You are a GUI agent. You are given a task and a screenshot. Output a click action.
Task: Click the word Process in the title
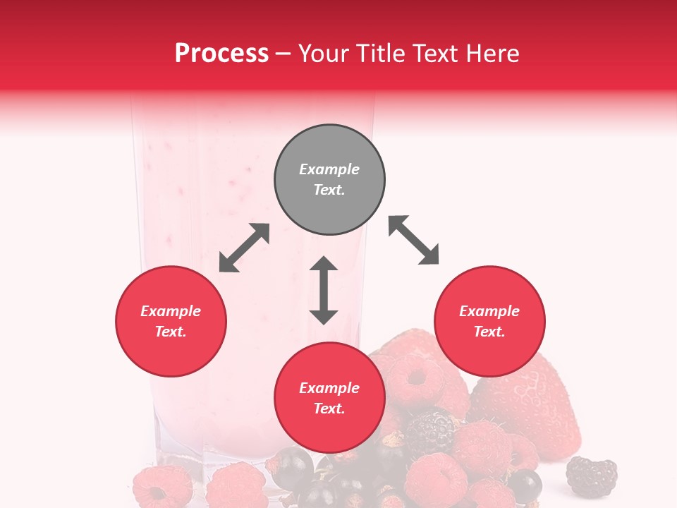[221, 54]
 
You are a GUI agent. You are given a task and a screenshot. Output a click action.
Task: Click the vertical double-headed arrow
[324, 290]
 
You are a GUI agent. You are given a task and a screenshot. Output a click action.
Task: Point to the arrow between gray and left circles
[244, 248]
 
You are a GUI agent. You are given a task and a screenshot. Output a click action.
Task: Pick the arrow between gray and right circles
[414, 240]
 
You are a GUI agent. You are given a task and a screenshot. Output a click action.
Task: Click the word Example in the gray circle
[329, 169]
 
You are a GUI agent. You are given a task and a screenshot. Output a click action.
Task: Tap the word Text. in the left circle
[171, 332]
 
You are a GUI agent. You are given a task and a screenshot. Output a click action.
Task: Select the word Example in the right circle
[489, 311]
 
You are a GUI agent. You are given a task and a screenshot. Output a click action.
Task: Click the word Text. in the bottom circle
[329, 409]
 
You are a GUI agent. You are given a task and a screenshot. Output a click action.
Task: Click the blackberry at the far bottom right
[592, 476]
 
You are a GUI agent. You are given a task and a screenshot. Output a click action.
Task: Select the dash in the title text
[283, 54]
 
